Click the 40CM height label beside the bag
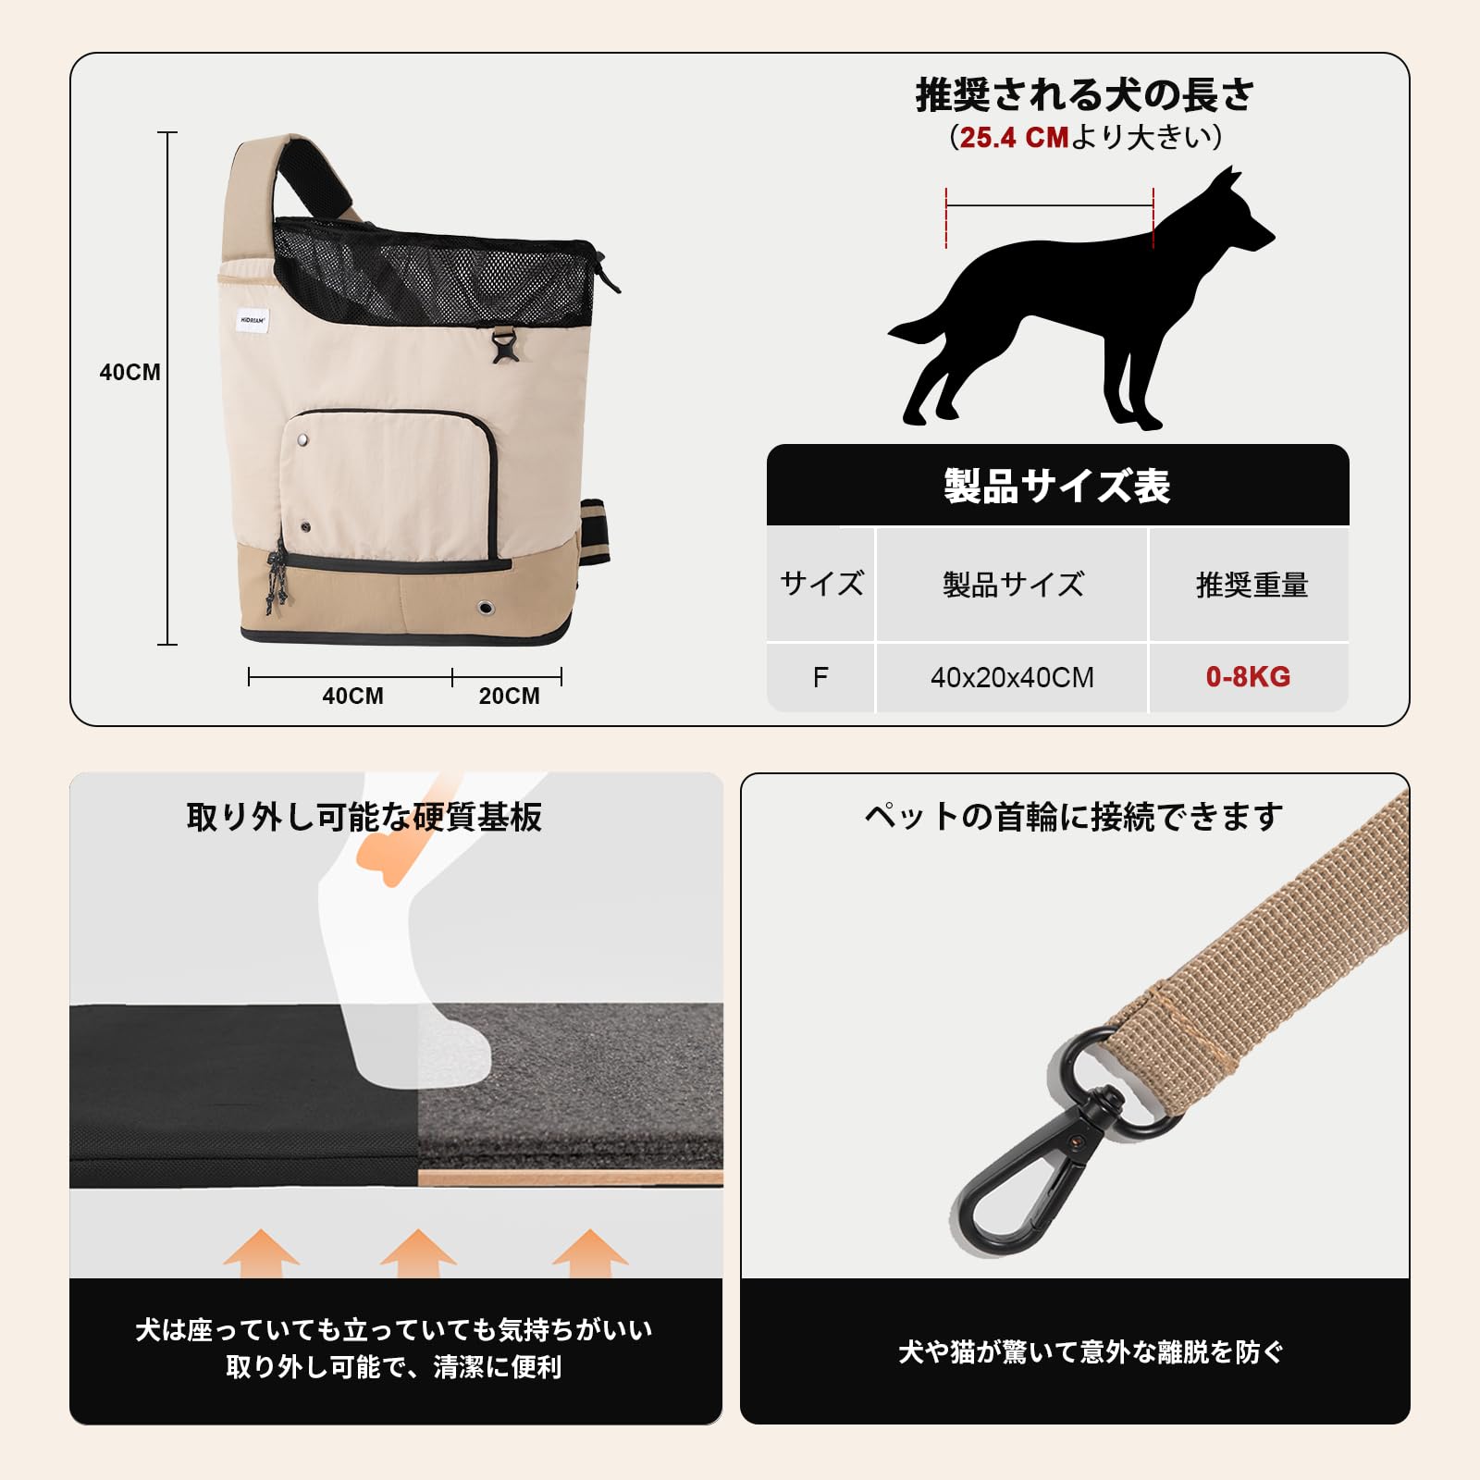[x=129, y=372]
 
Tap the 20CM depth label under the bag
[x=509, y=696]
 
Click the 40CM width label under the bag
[x=352, y=696]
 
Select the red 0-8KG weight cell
[x=1248, y=677]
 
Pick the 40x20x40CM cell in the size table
[x=1012, y=677]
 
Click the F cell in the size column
[x=820, y=677]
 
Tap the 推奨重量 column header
[x=1252, y=585]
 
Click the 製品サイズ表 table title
[x=1057, y=486]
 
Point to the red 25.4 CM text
[x=1014, y=138]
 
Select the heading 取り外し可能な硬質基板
[x=364, y=817]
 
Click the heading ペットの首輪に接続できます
[x=1073, y=817]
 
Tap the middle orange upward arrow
[x=418, y=1253]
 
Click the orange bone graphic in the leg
[x=383, y=857]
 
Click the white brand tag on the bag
[x=252, y=320]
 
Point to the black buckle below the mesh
[x=504, y=348]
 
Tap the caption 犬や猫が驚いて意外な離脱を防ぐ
[x=1091, y=1352]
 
